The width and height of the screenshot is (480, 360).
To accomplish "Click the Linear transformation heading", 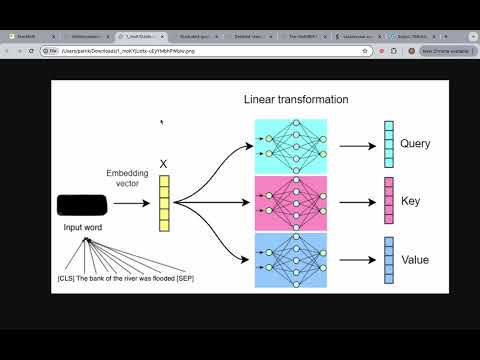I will [296, 100].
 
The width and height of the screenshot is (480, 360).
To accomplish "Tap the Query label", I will [415, 144].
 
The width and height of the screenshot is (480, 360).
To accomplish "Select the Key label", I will [411, 200].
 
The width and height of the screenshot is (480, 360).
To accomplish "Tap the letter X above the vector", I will [164, 162].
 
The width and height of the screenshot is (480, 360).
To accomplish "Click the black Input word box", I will [83, 205].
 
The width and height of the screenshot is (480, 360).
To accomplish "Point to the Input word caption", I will [83, 228].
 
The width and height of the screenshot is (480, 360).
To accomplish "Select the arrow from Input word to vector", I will [129, 205].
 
